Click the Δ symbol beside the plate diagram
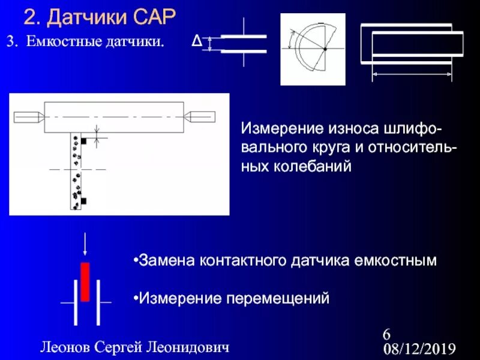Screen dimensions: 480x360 tap(196, 41)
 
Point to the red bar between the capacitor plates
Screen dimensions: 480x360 tap(85, 281)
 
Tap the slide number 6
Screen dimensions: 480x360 tap(386, 334)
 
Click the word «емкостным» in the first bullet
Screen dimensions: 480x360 tap(397, 260)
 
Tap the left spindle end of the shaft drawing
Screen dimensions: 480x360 tap(28, 116)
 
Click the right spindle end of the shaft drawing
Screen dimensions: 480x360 tap(200, 116)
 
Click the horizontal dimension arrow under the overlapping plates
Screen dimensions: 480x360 tap(412, 74)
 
